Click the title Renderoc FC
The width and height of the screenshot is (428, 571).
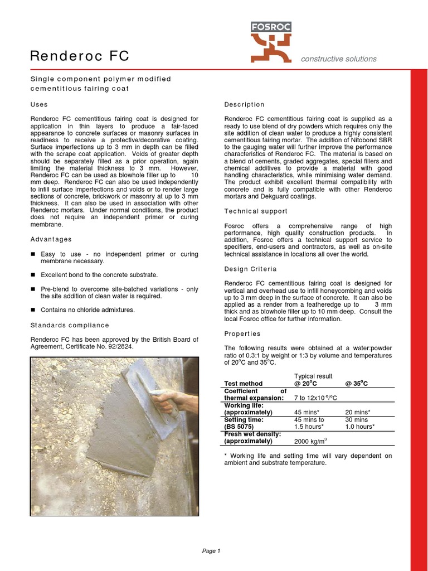pyautogui.click(x=79, y=56)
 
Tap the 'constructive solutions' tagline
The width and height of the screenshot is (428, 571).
pyautogui.click(x=339, y=59)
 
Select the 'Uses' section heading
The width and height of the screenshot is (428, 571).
pyautogui.click(x=38, y=104)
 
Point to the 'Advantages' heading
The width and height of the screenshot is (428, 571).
pyautogui.click(x=51, y=239)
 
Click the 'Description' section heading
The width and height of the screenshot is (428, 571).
pyautogui.click(x=244, y=104)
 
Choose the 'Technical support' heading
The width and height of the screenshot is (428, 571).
pyautogui.click(x=256, y=211)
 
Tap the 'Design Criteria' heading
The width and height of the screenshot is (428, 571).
pyautogui.click(x=251, y=269)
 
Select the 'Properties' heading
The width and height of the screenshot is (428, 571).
pyautogui.click(x=242, y=333)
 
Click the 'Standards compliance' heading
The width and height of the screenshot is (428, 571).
pyautogui.click(x=70, y=325)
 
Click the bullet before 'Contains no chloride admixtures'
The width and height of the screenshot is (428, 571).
pyautogui.click(x=33, y=310)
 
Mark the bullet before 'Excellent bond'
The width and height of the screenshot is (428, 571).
pyautogui.click(x=33, y=275)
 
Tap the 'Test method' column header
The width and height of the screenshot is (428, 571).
pyautogui.click(x=243, y=384)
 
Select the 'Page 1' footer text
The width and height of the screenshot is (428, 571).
pyautogui.click(x=211, y=551)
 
